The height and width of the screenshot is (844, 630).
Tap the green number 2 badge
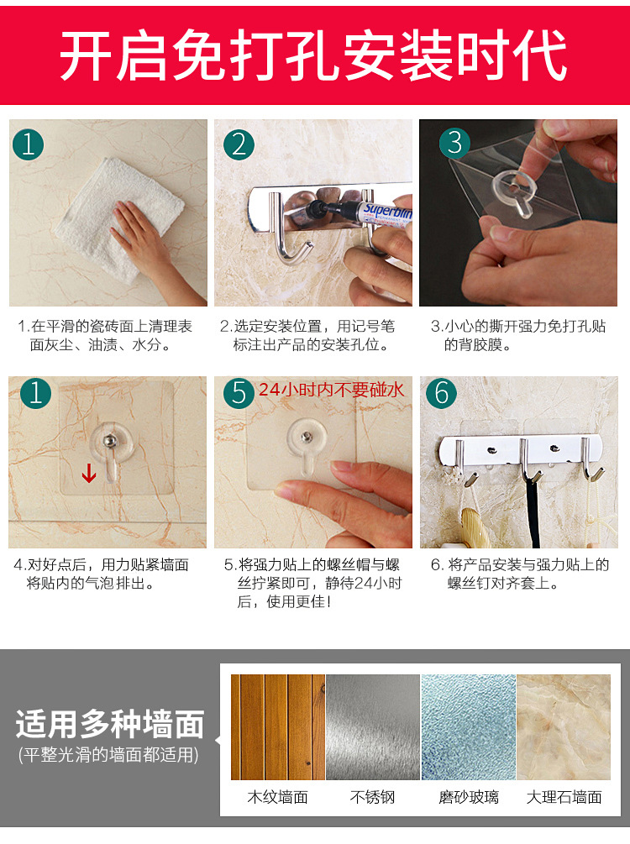pyautogui.click(x=239, y=144)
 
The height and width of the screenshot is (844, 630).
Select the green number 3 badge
pyautogui.click(x=455, y=143)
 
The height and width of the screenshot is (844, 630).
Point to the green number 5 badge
pyautogui.click(x=239, y=393)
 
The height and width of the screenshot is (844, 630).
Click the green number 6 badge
pyautogui.click(x=442, y=393)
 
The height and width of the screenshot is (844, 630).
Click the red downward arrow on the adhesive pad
pyautogui.click(x=89, y=473)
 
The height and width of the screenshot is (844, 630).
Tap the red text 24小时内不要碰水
pyautogui.click(x=331, y=389)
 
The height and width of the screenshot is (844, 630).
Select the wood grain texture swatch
pyautogui.click(x=278, y=727)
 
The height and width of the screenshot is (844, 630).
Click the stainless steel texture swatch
pyautogui.click(x=373, y=727)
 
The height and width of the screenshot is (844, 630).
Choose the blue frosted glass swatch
pyautogui.click(x=469, y=727)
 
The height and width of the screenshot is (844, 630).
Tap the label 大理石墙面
pyautogui.click(x=564, y=797)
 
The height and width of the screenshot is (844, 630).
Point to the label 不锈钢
pyautogui.click(x=373, y=797)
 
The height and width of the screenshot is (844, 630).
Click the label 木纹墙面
pyautogui.click(x=278, y=797)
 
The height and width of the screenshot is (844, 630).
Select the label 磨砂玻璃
pyautogui.click(x=469, y=797)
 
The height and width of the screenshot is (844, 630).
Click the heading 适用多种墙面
pyautogui.click(x=110, y=724)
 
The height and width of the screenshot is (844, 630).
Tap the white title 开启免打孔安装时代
pyautogui.click(x=314, y=55)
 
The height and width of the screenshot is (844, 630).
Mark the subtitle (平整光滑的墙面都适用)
pyautogui.click(x=108, y=755)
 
